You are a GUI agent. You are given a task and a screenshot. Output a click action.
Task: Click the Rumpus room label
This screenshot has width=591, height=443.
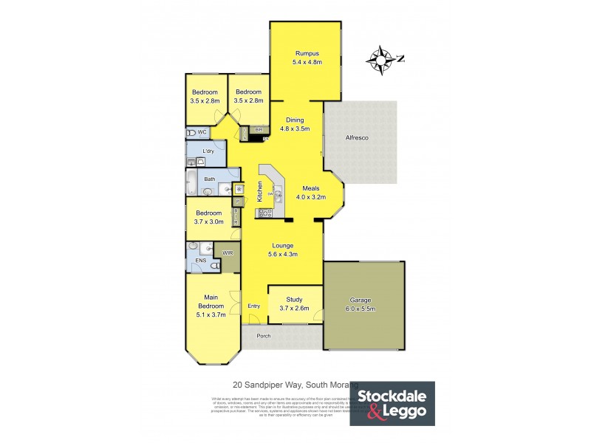click(x=306, y=53)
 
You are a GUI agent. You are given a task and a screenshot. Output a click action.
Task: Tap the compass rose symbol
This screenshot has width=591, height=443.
click(x=383, y=60)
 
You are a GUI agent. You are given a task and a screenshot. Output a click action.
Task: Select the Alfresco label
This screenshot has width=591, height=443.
click(x=358, y=138)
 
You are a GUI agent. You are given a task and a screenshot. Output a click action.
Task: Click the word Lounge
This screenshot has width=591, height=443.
click(x=282, y=245)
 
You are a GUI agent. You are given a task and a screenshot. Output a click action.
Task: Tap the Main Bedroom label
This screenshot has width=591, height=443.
click(x=210, y=301)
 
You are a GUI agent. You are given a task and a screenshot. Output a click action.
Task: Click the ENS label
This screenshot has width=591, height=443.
click(x=200, y=261)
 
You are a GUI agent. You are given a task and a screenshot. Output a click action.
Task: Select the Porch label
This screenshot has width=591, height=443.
click(x=264, y=336)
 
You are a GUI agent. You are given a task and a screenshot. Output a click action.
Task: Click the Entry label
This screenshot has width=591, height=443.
click(x=254, y=306)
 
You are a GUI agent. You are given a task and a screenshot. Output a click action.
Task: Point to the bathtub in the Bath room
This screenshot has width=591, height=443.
click(x=191, y=182)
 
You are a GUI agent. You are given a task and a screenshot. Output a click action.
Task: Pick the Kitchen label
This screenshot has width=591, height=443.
click(x=260, y=192)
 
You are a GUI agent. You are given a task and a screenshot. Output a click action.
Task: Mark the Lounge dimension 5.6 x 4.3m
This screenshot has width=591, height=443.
click(x=282, y=255)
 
